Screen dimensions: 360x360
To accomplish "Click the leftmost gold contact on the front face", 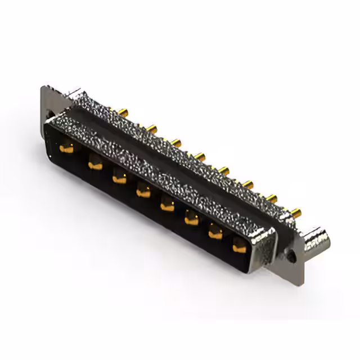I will coord(67,149).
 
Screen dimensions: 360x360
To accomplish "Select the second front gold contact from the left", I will coord(94,165).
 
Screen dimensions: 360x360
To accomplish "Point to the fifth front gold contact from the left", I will coord(167,206).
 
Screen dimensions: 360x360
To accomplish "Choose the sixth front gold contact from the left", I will coord(191,219).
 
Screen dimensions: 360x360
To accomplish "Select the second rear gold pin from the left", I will coord(151,128).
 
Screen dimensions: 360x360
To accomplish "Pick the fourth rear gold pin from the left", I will coord(200,155).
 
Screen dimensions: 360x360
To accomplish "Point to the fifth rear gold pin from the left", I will coord(224,169).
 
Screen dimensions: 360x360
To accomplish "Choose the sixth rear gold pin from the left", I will coord(247,183).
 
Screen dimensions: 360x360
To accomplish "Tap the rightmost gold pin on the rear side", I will coord(295,211).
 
